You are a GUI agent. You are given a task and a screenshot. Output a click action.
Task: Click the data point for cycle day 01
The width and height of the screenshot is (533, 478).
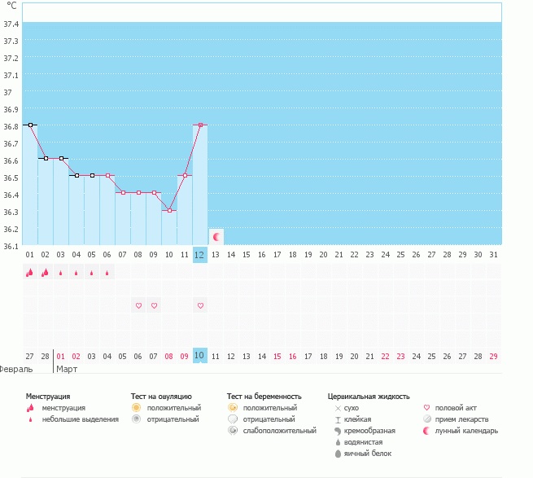30,125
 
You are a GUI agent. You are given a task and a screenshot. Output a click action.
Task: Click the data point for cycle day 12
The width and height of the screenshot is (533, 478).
200,125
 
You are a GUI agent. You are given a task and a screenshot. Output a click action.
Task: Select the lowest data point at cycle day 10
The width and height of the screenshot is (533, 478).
169,210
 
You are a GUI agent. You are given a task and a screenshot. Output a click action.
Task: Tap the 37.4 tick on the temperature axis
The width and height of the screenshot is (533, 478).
11,24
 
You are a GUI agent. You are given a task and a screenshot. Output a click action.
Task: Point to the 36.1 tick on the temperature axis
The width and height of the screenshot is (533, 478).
11,245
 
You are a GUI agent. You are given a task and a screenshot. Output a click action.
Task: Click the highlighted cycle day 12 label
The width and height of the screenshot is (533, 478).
200,255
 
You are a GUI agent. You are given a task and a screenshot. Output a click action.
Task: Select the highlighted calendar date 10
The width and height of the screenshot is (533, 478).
200,356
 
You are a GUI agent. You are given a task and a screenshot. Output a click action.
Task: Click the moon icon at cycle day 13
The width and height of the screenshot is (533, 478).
216,237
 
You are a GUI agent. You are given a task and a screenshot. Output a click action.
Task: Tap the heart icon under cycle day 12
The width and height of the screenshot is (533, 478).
200,305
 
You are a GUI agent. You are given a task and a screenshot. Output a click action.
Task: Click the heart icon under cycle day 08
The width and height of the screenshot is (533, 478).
138,305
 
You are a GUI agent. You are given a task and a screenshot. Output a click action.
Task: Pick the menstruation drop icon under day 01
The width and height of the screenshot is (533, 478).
30,273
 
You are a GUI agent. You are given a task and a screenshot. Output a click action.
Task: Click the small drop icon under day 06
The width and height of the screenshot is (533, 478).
107,273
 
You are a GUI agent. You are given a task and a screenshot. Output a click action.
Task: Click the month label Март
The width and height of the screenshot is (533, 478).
68,369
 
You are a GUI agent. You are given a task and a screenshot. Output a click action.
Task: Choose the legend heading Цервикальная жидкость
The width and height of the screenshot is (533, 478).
369,396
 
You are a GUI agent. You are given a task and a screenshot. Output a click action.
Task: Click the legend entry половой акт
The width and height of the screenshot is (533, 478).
455,407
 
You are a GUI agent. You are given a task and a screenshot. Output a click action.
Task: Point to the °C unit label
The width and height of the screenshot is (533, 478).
11,6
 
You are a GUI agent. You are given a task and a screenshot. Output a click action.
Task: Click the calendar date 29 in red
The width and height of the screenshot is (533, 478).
494,356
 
